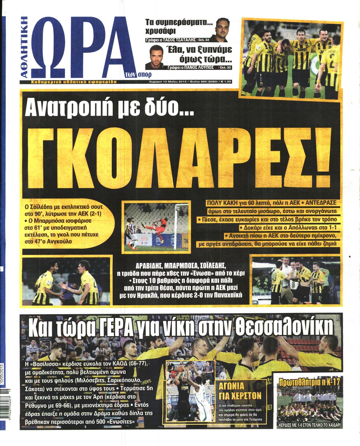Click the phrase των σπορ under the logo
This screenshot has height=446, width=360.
pyautogui.click(x=139, y=75)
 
